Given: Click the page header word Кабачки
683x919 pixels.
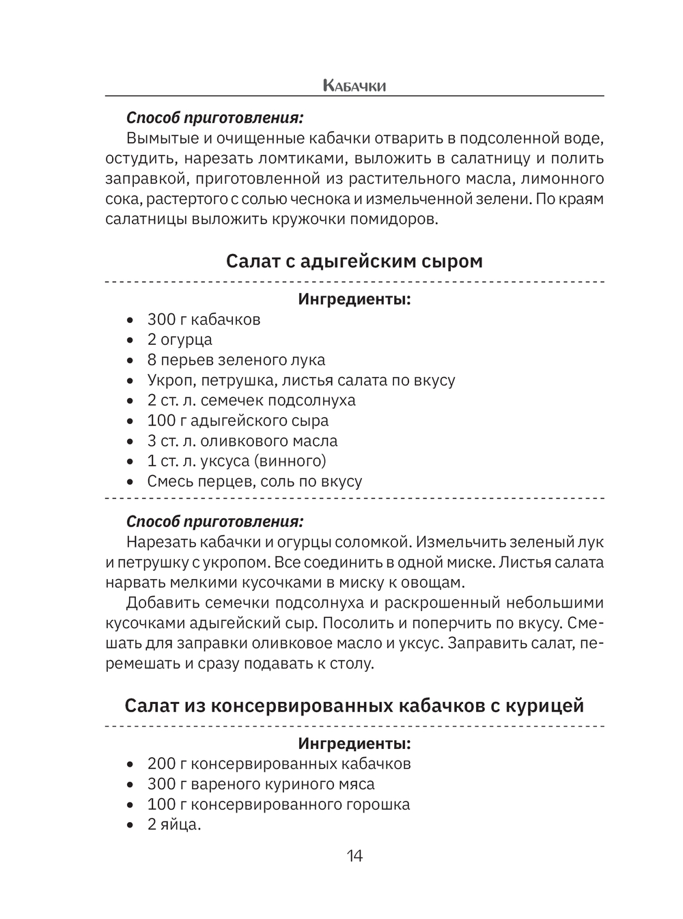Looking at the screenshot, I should pyautogui.click(x=354, y=86).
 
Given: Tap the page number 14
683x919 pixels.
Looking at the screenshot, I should pyautogui.click(x=354, y=856).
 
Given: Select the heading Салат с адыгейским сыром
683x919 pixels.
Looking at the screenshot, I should pyautogui.click(x=354, y=261).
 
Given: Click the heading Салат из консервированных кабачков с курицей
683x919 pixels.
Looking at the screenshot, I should pyautogui.click(x=354, y=705).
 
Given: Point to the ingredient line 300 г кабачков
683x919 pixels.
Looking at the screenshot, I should pyautogui.click(x=204, y=320).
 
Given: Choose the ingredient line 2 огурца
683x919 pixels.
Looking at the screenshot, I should pyautogui.click(x=180, y=339).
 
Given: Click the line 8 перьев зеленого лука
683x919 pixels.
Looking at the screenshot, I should pyautogui.click(x=236, y=360).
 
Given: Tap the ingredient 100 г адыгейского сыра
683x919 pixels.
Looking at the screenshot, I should pyautogui.click(x=238, y=421).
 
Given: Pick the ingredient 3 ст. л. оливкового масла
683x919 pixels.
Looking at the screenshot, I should pyautogui.click(x=242, y=440).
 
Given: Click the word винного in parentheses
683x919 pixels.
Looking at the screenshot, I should pyautogui.click(x=290, y=461).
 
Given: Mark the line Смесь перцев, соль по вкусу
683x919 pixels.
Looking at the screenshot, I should pyautogui.click(x=254, y=481).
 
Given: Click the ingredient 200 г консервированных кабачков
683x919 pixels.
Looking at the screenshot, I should pyautogui.click(x=279, y=763).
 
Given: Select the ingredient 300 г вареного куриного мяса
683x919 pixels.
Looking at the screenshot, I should pyautogui.click(x=261, y=784).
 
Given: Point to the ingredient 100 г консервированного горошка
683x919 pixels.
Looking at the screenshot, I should pyautogui.click(x=279, y=804).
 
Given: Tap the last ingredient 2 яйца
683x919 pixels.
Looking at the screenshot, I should pyautogui.click(x=174, y=825).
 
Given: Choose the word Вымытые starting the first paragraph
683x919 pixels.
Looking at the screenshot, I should pyautogui.click(x=159, y=138).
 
